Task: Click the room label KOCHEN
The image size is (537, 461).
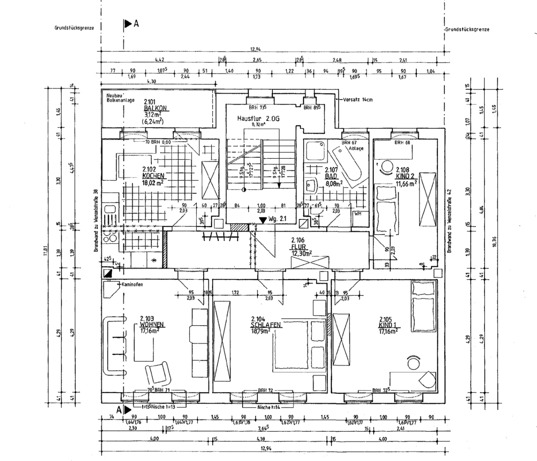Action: (153, 175)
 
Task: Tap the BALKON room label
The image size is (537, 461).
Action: (155, 108)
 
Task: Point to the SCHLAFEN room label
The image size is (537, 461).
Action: (266, 325)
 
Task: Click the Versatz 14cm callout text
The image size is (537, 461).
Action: (358, 100)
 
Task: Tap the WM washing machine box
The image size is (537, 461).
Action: (357, 214)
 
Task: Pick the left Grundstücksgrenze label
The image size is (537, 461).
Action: (74, 28)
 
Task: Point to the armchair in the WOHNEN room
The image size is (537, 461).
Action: (159, 373)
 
